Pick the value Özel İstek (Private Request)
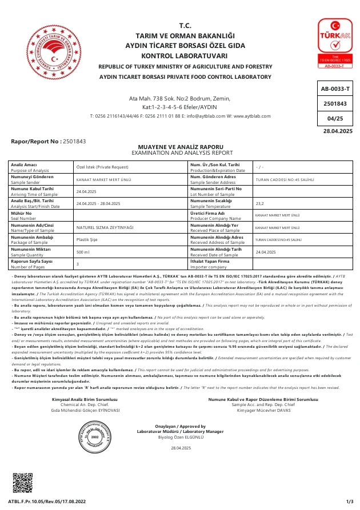click(x=102, y=167)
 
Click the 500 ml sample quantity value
click(x=83, y=252)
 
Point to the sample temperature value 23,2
click(x=259, y=203)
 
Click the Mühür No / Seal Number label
click(x=23, y=215)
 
